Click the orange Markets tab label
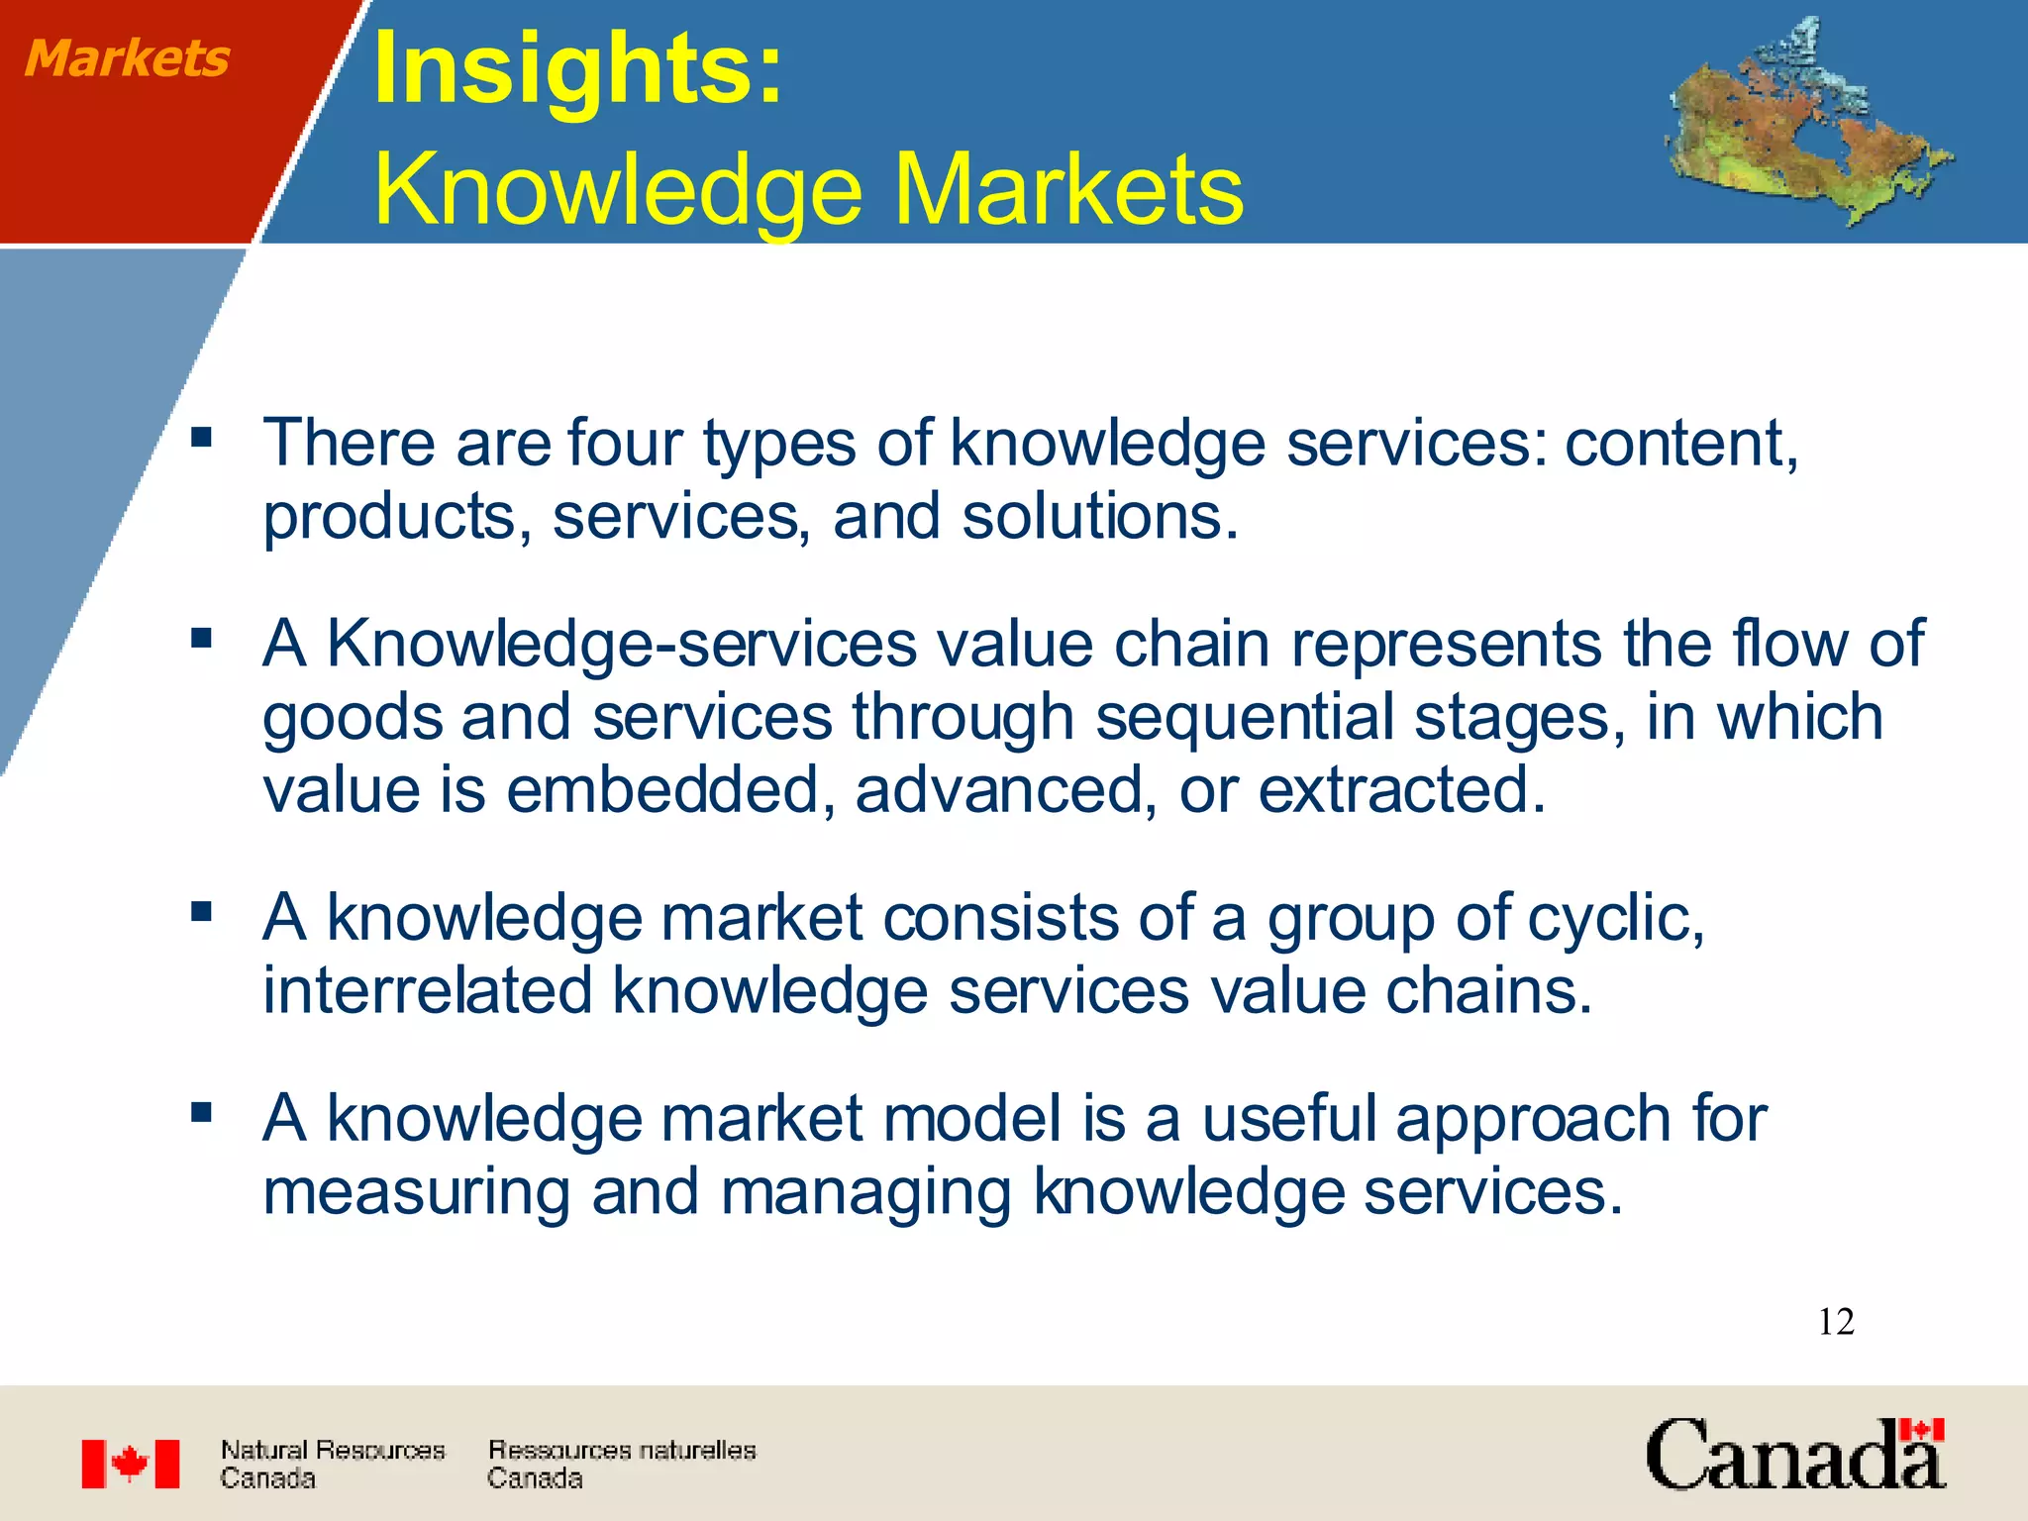click(x=127, y=58)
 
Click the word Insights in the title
click(x=577, y=68)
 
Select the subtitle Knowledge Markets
click(x=808, y=188)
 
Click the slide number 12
click(x=1835, y=1322)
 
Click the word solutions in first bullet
click(x=1099, y=517)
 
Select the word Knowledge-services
click(x=622, y=645)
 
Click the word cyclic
click(x=1615, y=919)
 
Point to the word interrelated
click(x=427, y=991)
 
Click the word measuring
click(x=416, y=1192)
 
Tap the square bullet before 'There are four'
click(x=202, y=437)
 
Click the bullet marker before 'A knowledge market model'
click(x=202, y=1113)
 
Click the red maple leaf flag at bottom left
click(x=130, y=1464)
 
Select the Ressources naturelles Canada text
click(x=621, y=1464)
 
